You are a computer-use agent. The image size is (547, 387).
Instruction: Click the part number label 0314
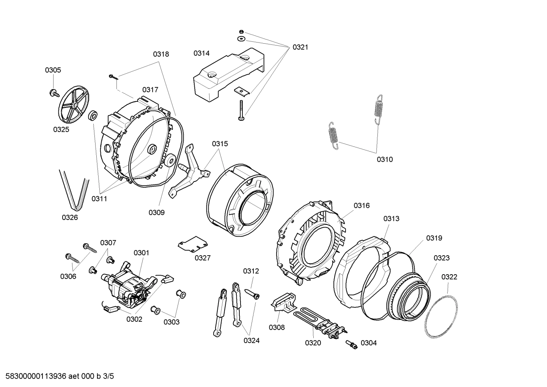point(201,53)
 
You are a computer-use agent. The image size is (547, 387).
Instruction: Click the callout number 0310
point(385,160)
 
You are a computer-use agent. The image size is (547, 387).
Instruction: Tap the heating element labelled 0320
point(319,321)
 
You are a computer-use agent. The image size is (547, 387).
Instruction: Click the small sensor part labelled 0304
point(352,345)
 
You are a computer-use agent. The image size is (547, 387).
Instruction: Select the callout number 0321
point(300,47)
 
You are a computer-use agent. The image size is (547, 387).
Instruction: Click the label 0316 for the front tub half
point(362,205)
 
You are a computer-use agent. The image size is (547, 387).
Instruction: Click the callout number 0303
point(171,322)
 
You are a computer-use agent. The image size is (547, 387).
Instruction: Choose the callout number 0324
point(251,341)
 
